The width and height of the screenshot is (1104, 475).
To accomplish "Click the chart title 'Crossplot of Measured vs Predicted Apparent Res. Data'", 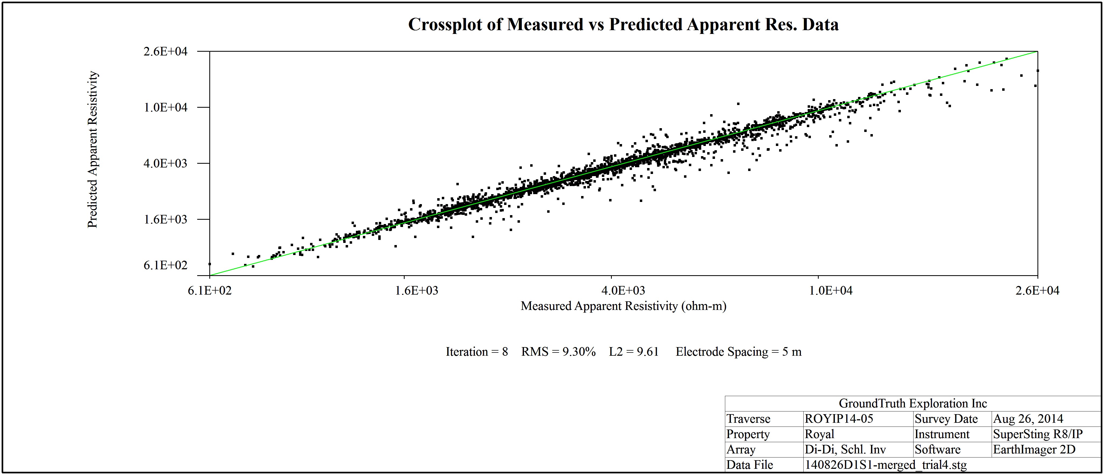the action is [x=623, y=25].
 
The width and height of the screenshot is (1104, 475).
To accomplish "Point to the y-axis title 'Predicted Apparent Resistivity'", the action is [x=93, y=149].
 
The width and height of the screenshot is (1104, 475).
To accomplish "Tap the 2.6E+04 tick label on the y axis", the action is [x=165, y=51].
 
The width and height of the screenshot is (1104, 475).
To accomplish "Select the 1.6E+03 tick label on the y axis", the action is [x=165, y=219].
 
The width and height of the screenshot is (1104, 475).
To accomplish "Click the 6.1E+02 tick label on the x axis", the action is [x=210, y=290].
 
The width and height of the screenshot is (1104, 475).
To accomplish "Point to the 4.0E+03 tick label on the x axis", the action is [x=623, y=290].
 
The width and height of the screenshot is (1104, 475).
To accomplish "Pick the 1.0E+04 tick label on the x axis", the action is [x=831, y=290].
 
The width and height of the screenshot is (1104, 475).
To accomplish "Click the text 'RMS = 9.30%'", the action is [x=558, y=352].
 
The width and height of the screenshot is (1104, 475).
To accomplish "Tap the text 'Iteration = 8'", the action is [x=477, y=352].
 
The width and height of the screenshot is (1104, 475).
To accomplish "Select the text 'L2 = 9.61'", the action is [x=633, y=352].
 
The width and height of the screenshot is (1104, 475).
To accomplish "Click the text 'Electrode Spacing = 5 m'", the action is [x=738, y=352].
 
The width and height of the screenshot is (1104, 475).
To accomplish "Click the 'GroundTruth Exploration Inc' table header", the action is [x=913, y=403].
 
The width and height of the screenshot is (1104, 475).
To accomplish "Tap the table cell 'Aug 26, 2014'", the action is [x=1028, y=419].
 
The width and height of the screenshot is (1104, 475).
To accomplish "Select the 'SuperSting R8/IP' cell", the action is [x=1037, y=434].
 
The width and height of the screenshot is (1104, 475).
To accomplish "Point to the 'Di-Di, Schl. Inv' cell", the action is [x=845, y=449].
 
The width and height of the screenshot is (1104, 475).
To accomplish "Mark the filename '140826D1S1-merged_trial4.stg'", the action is [x=886, y=465].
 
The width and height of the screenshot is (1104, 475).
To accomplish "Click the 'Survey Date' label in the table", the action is [x=946, y=419].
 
